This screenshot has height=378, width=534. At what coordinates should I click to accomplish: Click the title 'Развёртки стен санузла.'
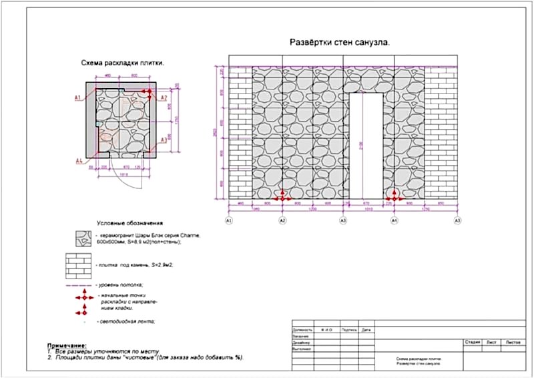(x=339, y=42)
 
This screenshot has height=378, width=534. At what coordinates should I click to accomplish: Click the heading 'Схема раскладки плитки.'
(x=123, y=63)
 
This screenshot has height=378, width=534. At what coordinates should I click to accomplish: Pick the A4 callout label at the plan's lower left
(x=78, y=161)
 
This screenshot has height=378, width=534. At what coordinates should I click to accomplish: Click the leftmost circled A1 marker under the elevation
(x=229, y=220)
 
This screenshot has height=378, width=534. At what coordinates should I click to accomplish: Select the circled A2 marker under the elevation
(x=282, y=220)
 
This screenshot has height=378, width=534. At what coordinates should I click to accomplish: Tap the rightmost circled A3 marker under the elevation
(x=457, y=220)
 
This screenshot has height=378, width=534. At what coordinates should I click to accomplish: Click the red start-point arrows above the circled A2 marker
(x=282, y=196)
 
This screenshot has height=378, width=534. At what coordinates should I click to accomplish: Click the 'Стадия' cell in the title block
(x=473, y=342)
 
